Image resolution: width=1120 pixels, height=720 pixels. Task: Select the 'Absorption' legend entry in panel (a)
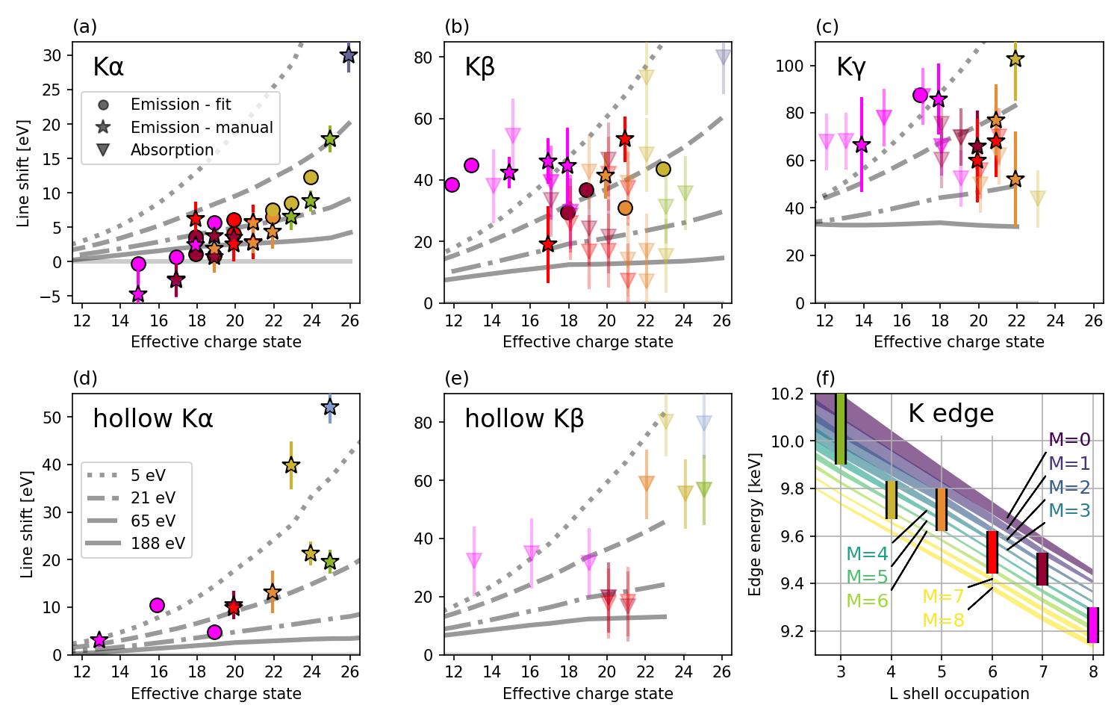click(x=172, y=150)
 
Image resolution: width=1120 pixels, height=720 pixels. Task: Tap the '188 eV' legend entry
click(x=158, y=543)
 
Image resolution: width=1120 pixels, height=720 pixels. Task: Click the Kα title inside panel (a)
click(x=108, y=67)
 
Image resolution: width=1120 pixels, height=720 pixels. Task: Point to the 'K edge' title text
click(x=951, y=413)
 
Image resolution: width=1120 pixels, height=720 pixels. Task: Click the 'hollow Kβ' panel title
click(x=524, y=419)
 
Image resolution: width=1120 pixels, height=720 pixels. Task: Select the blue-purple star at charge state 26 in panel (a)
click(x=349, y=55)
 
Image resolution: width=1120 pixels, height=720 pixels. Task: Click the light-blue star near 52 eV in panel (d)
click(x=330, y=407)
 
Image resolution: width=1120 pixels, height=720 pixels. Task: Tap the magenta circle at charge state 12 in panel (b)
click(x=452, y=185)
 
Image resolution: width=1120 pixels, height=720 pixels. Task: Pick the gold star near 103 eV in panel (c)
click(x=1015, y=60)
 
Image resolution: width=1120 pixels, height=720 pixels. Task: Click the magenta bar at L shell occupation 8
click(x=1092, y=625)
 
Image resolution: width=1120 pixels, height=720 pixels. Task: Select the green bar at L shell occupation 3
click(x=841, y=429)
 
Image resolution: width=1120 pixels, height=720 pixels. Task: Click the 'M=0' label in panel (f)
click(x=1069, y=440)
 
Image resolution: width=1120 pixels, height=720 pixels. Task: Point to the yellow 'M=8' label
click(x=943, y=621)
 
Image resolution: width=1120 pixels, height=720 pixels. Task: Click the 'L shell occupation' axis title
click(x=959, y=694)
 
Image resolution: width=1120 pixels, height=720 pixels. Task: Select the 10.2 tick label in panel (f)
click(x=792, y=394)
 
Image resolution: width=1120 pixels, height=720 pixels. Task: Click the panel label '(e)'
click(x=456, y=379)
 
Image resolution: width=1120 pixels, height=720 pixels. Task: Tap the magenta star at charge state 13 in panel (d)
click(x=99, y=640)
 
